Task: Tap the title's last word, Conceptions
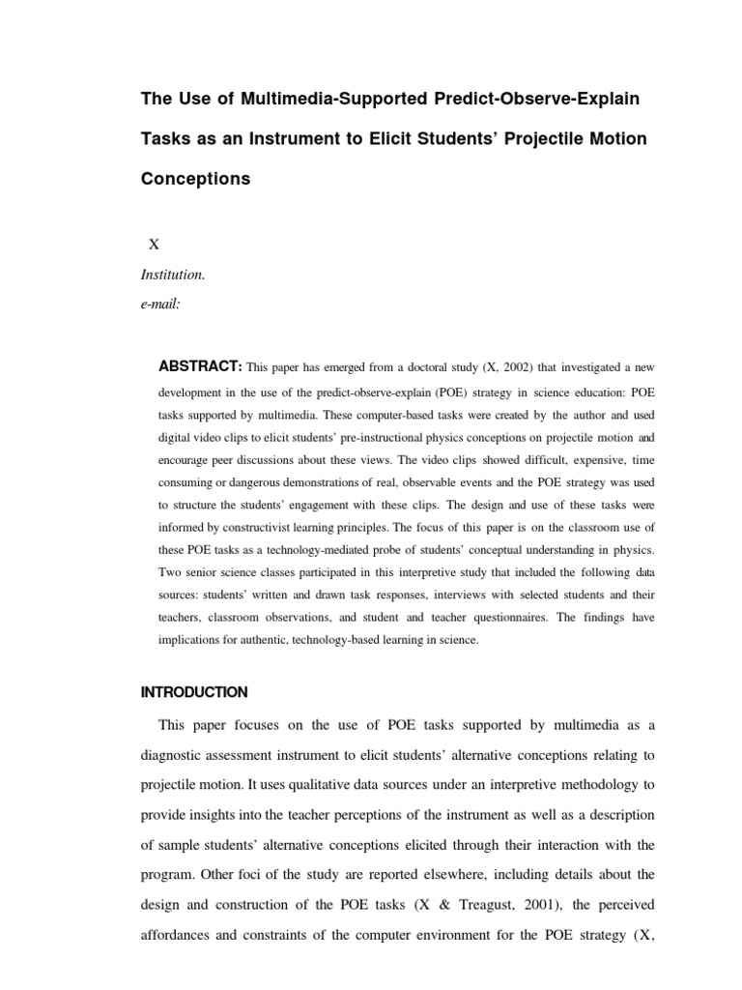pyautogui.click(x=195, y=179)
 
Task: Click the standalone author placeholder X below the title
pyautogui.click(x=153, y=245)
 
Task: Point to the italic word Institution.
pyautogui.click(x=173, y=275)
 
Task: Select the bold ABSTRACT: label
pyautogui.click(x=199, y=366)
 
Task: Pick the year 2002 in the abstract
pyautogui.click(x=501, y=367)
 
